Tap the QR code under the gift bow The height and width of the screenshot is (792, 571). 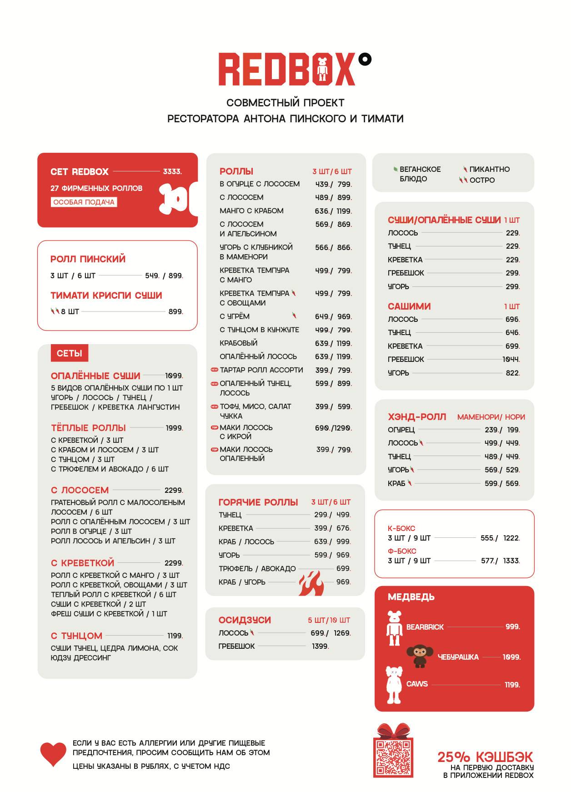click(393, 757)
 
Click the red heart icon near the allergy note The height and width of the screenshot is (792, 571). click(53, 754)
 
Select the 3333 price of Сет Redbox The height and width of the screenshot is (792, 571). click(172, 171)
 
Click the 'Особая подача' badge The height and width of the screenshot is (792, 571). click(84, 202)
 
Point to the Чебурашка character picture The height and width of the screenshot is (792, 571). click(419, 656)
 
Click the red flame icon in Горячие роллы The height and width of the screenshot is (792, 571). click(311, 583)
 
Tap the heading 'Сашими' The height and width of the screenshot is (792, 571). click(409, 306)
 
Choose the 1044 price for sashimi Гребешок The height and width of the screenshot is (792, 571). click(511, 359)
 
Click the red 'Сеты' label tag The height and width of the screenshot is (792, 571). click(70, 353)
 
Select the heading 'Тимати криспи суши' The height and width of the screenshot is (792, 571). click(106, 296)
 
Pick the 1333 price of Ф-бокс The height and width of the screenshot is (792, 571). click(511, 561)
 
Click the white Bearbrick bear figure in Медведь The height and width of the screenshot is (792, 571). click(394, 628)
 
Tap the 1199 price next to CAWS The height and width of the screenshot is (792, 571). click(512, 685)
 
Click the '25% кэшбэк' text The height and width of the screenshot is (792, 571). click(485, 757)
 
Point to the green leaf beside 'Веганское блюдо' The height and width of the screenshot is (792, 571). click(396, 169)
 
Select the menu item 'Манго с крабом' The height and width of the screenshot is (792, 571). click(251, 211)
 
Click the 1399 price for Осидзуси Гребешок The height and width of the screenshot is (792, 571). click(320, 646)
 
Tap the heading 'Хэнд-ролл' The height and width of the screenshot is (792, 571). click(417, 417)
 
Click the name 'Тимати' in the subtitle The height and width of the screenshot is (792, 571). click(382, 119)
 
